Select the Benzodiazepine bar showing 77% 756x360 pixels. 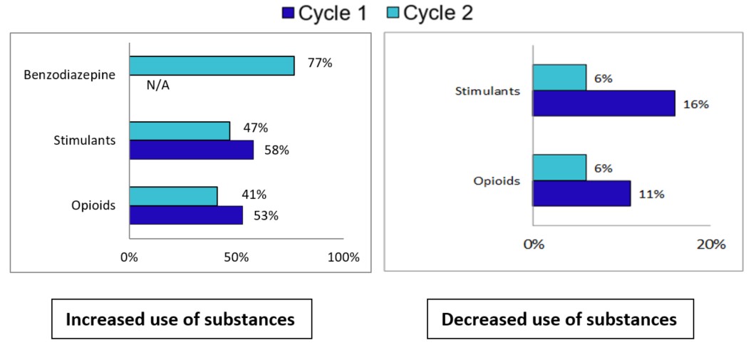point(212,66)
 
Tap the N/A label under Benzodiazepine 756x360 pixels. point(158,86)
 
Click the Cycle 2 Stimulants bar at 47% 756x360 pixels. point(180,130)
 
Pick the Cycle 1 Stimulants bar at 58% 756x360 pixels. point(191,150)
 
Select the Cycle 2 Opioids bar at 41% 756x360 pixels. point(173,196)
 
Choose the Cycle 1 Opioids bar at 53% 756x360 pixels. point(186,215)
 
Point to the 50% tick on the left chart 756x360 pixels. point(236,257)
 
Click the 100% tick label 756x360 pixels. point(343,257)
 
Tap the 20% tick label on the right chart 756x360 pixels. point(710,245)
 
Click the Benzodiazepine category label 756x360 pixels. point(69,75)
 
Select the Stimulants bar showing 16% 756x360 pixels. point(604,103)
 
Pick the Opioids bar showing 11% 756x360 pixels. point(581,193)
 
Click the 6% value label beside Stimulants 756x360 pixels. point(603,78)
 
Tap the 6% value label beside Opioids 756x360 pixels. point(603,168)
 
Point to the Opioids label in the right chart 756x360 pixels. point(497,180)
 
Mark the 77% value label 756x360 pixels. point(319,63)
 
